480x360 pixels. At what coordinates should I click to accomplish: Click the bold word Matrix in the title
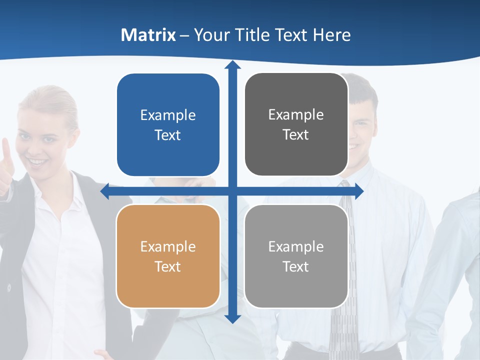click(148, 35)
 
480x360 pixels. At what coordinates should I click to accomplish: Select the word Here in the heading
click(332, 35)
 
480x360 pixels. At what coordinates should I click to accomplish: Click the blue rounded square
click(168, 125)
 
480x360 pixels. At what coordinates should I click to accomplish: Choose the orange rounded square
click(168, 256)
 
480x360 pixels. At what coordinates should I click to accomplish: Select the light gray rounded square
click(296, 256)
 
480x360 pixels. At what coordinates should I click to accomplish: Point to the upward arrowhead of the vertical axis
click(232, 65)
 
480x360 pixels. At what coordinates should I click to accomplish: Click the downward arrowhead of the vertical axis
click(232, 318)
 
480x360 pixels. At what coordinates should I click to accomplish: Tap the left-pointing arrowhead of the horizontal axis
click(105, 191)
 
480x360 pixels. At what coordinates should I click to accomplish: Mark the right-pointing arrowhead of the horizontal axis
click(359, 191)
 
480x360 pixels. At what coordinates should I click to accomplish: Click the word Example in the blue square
click(168, 115)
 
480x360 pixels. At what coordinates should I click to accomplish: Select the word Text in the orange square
click(167, 266)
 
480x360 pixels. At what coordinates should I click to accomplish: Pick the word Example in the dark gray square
click(296, 115)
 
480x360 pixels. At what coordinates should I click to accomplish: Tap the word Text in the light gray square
click(295, 266)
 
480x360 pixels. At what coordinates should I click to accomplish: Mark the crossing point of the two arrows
click(232, 191)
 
